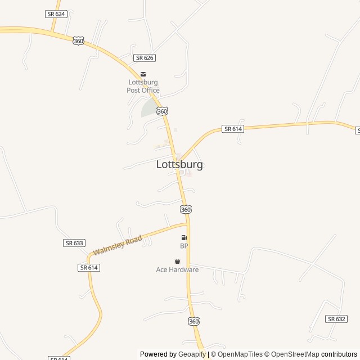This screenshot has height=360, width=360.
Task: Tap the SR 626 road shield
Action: (145, 58)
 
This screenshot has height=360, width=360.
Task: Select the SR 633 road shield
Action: (74, 243)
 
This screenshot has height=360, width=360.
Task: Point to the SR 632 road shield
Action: (336, 319)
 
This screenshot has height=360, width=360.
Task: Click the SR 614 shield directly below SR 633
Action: (89, 268)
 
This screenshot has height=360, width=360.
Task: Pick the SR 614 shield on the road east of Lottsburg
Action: (233, 129)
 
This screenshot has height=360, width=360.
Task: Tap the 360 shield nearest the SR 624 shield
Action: (79, 41)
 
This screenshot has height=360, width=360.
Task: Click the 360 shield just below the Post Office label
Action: (162, 111)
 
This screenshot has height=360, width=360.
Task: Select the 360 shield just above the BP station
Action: (186, 209)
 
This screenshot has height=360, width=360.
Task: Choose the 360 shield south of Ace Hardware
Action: (193, 321)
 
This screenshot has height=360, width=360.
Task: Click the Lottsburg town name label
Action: (179, 165)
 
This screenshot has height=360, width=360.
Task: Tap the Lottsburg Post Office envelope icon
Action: (143, 74)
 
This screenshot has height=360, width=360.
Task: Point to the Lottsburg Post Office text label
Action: (143, 86)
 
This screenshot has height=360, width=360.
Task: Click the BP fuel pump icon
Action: (184, 238)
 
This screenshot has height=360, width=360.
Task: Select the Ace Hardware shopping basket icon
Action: (178, 261)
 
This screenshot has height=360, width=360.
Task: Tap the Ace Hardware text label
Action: (177, 270)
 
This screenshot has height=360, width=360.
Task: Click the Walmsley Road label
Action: (118, 245)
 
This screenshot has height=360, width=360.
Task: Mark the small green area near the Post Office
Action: (149, 108)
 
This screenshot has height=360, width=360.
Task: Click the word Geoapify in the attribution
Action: (192, 354)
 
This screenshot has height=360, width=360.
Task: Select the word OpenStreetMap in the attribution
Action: (295, 354)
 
